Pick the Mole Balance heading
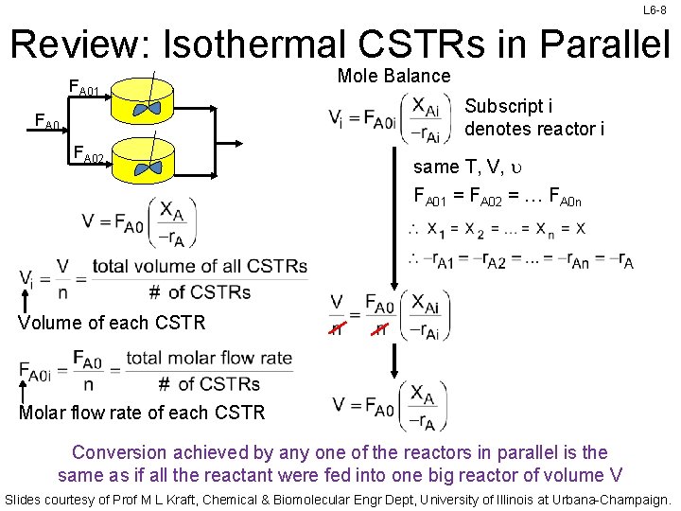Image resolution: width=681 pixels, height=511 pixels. [x=393, y=76]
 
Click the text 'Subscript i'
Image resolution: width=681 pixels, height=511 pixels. [x=504, y=106]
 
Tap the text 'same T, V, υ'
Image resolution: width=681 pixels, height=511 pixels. [x=463, y=167]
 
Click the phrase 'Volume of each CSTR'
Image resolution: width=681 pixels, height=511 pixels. [x=112, y=322]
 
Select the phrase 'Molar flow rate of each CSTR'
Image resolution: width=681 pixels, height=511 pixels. [x=142, y=412]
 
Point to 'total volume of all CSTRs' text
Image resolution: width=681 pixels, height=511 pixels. [x=200, y=267]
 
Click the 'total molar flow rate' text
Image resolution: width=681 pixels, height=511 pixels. [x=209, y=359]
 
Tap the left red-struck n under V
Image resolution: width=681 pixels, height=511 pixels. [x=337, y=327]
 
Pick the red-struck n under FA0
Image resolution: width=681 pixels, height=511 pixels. [x=379, y=327]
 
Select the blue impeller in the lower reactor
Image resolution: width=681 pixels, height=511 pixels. [x=148, y=168]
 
